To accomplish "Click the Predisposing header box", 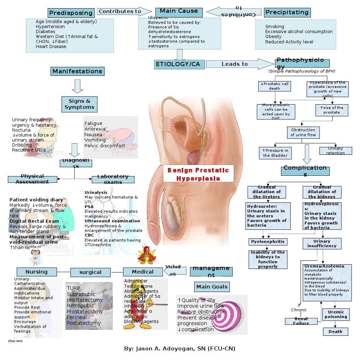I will (71, 13).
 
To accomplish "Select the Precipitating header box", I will (287, 12).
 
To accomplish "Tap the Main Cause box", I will (179, 12).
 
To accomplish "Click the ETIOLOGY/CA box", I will (180, 64).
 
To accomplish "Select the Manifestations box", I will (77, 72).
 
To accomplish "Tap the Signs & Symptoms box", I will (79, 104).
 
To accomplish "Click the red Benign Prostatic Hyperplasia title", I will (198, 174).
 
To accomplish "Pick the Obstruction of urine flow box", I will (303, 132).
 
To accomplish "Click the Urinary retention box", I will (335, 151).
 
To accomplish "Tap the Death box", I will (335, 332).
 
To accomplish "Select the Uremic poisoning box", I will (335, 314).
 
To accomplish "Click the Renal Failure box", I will (301, 321).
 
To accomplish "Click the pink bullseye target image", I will (227, 313).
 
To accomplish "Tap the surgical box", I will (90, 272).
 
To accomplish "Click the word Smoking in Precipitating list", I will (275, 27).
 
